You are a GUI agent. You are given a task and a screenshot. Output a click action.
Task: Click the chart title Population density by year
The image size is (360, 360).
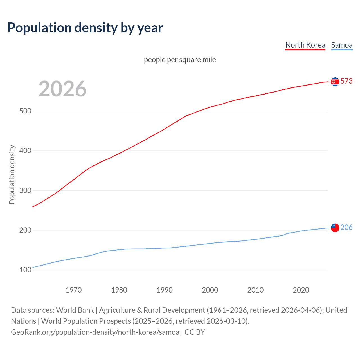tap(85, 28)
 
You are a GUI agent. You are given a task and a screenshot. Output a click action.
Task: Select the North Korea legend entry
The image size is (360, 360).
tap(305, 45)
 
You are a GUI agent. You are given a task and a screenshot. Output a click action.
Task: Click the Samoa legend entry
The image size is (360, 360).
tap(342, 45)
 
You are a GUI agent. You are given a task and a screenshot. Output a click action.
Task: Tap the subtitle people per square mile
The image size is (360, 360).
tap(180, 60)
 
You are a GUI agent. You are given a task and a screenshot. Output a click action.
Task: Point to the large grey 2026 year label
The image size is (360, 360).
tap(62, 89)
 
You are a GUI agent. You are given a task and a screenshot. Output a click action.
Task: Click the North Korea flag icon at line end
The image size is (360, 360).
tap(335, 82)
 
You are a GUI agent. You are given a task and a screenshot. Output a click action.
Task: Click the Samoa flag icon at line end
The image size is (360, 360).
tap(335, 228)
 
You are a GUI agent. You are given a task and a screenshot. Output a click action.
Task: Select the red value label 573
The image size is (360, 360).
tap(346, 81)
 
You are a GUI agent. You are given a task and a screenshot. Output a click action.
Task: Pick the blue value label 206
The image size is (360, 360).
tap(346, 227)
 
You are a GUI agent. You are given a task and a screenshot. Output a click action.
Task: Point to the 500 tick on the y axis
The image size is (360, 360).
tap(25, 111)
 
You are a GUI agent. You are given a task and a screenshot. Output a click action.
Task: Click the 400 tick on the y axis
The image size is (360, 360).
tap(25, 151)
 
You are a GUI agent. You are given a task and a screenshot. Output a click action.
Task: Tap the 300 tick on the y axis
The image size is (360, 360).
tap(25, 190)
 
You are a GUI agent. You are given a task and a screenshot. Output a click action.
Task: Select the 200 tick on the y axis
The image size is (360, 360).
tap(25, 230)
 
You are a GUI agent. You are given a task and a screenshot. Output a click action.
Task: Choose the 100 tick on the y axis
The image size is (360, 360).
tap(25, 270)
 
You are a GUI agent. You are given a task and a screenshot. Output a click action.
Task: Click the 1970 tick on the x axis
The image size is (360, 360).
tap(74, 290)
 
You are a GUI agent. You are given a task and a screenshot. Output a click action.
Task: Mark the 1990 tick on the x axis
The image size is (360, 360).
tap(165, 290)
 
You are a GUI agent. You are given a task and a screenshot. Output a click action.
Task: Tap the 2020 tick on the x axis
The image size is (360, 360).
tap(301, 290)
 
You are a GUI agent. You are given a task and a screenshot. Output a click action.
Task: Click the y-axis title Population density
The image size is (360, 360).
tap(12, 174)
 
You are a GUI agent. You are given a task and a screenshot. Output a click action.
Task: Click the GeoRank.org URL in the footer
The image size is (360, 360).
tap(95, 332)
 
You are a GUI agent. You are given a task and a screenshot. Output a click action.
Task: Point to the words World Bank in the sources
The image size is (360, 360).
tap(75, 310)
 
